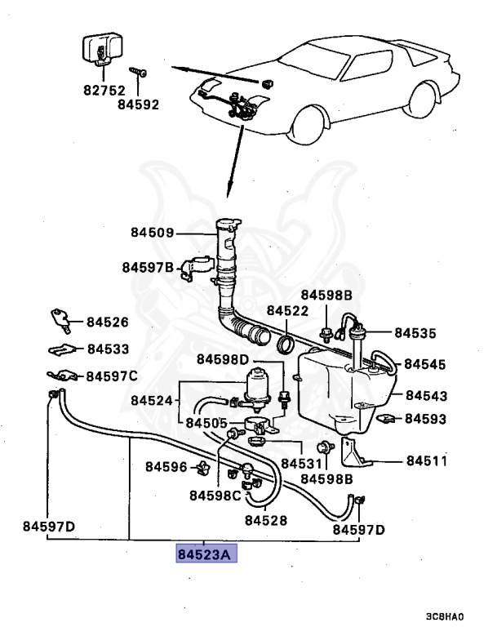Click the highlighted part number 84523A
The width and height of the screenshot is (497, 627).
pos(204,554)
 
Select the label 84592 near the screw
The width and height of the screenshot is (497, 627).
pos(138,104)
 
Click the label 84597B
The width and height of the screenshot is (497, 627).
pos(148,267)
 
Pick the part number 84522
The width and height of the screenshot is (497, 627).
pos(287,311)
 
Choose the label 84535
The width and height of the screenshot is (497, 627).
pos(415,333)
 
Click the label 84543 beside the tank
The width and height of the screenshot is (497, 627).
pos(426,396)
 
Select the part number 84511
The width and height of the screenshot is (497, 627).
pos(427,460)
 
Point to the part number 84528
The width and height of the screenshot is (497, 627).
pos(264,519)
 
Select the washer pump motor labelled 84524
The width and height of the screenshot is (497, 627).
pos(259,384)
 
